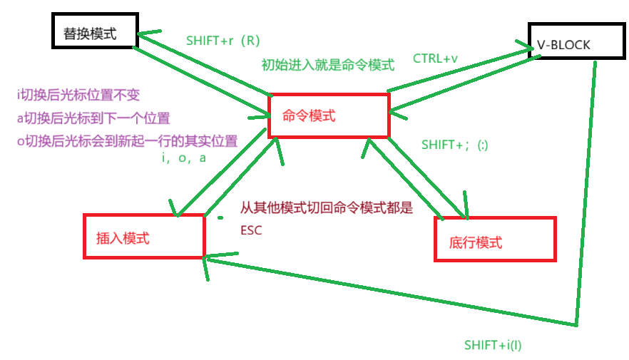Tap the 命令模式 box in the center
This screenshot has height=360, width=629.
(x=328, y=115)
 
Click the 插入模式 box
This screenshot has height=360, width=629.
(x=143, y=236)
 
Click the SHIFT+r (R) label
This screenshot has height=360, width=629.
(x=224, y=41)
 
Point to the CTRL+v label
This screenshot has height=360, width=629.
(x=435, y=58)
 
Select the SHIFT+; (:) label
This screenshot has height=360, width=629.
(x=454, y=144)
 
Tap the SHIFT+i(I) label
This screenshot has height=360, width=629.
(x=493, y=345)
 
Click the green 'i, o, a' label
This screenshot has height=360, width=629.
(x=184, y=158)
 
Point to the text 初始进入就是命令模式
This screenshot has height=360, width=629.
(x=327, y=65)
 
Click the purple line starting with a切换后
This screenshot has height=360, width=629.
(x=93, y=118)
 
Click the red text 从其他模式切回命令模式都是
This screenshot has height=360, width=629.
(x=326, y=209)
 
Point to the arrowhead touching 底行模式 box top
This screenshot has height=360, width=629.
(x=465, y=207)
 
